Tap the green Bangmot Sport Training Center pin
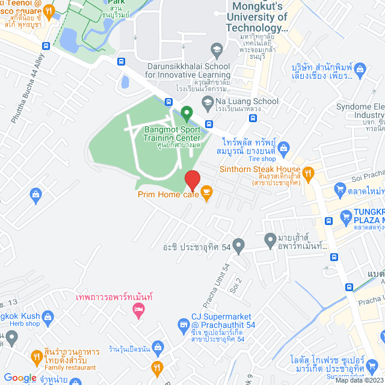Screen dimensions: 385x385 coord(186,112)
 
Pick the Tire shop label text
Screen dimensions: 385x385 coord(260,159)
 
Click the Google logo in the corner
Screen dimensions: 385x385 coord(20,377)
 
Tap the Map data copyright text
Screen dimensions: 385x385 coord(359,380)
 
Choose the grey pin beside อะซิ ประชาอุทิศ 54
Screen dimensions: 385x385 coord(239,245)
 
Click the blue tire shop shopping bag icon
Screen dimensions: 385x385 coord(285,147)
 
